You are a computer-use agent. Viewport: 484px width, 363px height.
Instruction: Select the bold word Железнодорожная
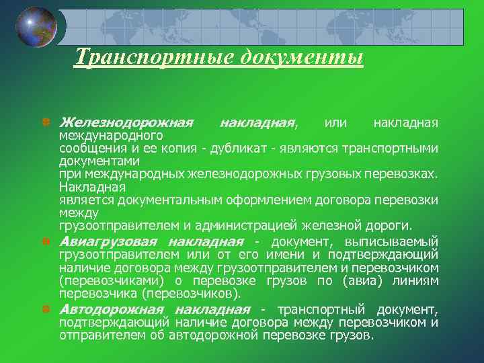click(x=126, y=123)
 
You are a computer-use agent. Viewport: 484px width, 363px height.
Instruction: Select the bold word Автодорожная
click(x=112, y=309)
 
